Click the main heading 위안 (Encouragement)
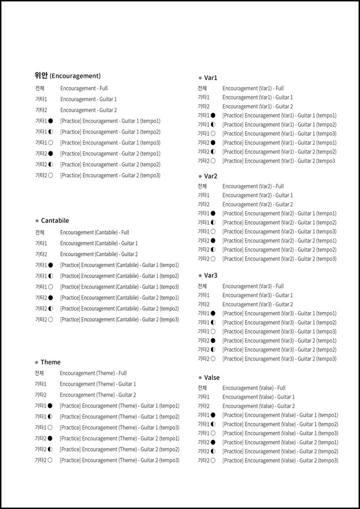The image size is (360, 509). pos(67,76)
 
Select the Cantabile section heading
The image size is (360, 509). pos(55,221)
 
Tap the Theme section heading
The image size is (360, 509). pos(50,362)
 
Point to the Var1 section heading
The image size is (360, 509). pos(211,78)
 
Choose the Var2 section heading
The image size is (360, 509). pos(211,176)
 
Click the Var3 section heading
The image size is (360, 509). pos(211,275)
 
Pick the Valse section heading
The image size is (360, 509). pos(212,378)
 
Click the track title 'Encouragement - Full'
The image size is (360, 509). pos(84,89)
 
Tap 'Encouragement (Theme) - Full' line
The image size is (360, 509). pos(93,373)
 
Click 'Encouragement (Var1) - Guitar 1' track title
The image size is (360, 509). pos(257,98)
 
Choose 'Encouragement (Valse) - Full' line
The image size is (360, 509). pos(254,388)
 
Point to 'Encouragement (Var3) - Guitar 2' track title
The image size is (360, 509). pos(257,304)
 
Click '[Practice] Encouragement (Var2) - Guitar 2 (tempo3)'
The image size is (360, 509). pos(279,259)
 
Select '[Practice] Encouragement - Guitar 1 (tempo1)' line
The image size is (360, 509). pos(110,121)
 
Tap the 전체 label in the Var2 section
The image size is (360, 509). pos(202,186)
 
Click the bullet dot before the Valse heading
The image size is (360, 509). pos(200,378)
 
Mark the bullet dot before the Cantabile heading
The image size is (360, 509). pos(37,221)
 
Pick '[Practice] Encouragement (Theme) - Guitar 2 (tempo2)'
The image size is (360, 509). pos(119,450)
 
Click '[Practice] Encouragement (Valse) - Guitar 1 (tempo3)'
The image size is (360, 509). pos(280,433)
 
